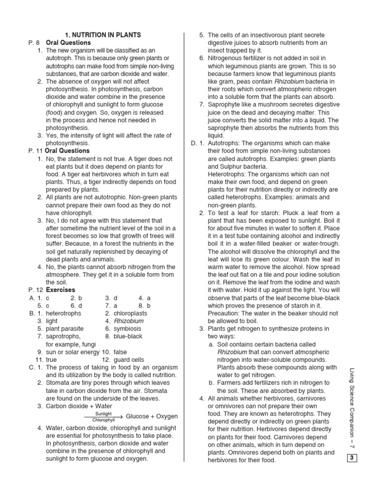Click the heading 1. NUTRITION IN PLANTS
pyautogui.click(x=103, y=35)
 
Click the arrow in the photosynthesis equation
pyautogui.click(x=103, y=417)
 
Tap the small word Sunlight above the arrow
pyautogui.click(x=103, y=413)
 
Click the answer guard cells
pyautogui.click(x=129, y=360)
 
